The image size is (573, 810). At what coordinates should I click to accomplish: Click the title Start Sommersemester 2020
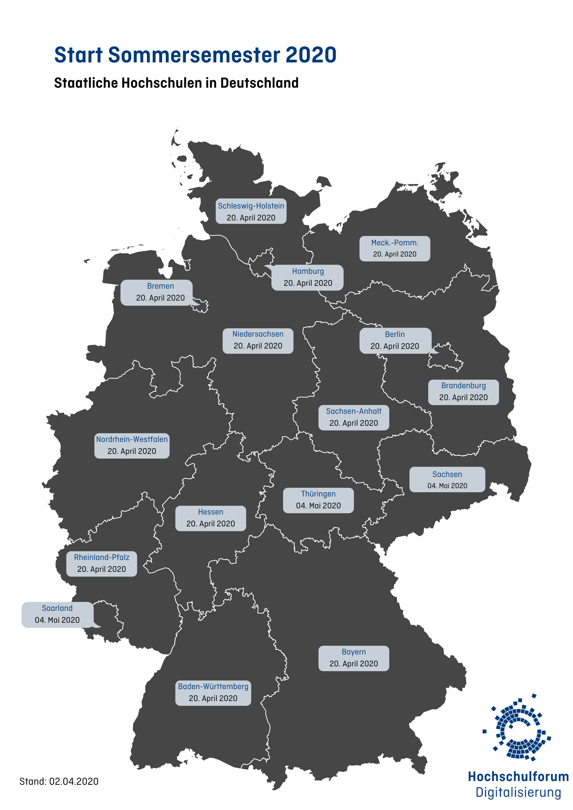[x=195, y=55]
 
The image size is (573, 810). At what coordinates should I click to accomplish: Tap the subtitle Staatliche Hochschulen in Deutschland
[x=176, y=83]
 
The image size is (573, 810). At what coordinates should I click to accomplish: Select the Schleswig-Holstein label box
[x=251, y=211]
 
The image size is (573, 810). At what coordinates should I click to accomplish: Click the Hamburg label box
[x=308, y=277]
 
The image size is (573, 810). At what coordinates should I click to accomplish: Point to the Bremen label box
[x=156, y=293]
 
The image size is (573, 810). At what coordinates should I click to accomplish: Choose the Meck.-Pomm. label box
[x=395, y=249]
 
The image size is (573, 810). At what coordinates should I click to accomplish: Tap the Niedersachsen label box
[x=258, y=340]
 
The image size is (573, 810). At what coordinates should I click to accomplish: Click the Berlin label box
[x=395, y=341]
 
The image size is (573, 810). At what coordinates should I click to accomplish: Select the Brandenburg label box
[x=463, y=392]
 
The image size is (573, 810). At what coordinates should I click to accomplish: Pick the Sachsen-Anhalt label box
[x=353, y=417]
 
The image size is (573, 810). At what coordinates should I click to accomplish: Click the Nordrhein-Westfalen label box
[x=132, y=446]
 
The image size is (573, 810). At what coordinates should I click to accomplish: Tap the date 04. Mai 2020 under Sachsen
[x=447, y=486]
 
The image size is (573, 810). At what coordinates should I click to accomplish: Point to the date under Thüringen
[x=318, y=506]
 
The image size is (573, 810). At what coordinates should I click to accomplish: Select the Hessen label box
[x=210, y=518]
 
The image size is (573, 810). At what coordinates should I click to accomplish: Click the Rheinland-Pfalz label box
[x=101, y=564]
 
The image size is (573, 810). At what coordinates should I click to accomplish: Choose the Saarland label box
[x=57, y=614]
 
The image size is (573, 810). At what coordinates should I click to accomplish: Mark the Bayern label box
[x=353, y=658]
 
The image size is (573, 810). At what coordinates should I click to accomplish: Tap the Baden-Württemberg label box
[x=213, y=693]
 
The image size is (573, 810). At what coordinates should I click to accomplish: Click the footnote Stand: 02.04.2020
[x=59, y=781]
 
